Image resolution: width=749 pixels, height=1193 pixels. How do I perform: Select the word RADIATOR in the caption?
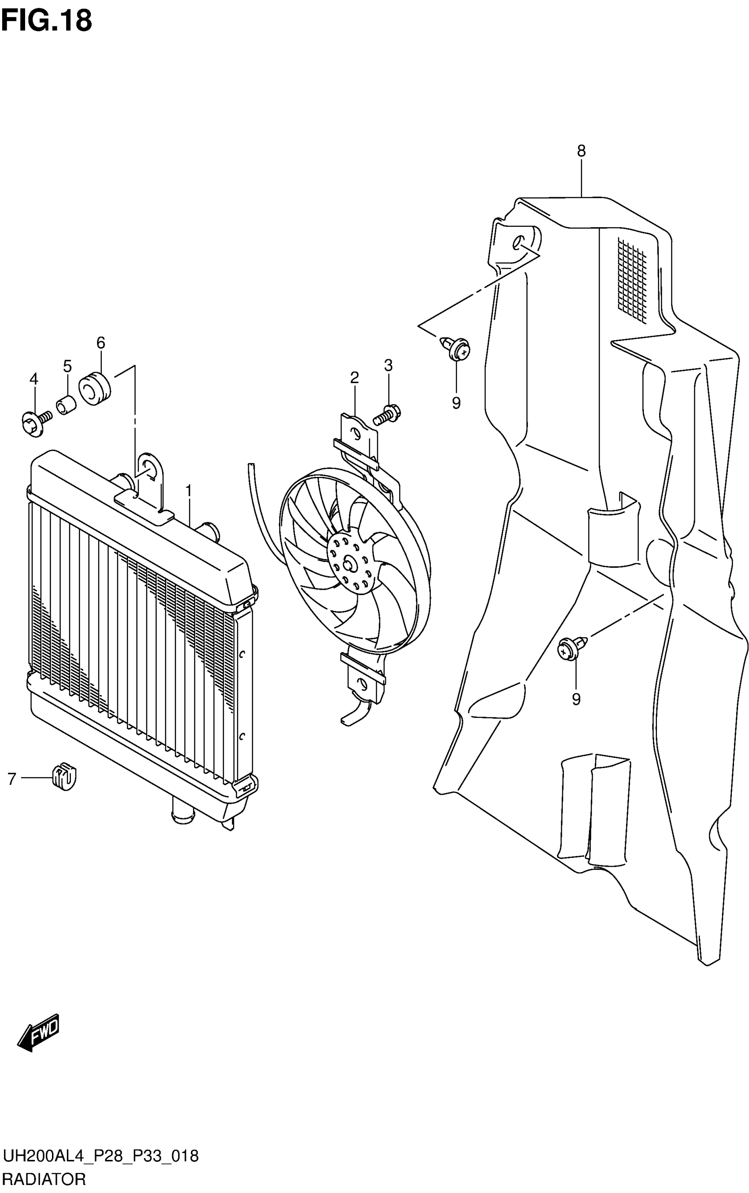pyautogui.click(x=44, y=1180)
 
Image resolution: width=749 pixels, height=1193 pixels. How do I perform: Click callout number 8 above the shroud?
pyautogui.click(x=581, y=151)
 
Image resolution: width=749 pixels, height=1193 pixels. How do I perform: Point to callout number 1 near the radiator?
pyautogui.click(x=188, y=491)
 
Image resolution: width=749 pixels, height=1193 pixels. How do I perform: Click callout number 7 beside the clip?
pyautogui.click(x=12, y=779)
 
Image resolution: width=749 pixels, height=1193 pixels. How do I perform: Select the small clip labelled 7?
pyautogui.click(x=64, y=779)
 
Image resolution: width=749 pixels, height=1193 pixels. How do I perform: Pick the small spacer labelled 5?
pyautogui.click(x=67, y=405)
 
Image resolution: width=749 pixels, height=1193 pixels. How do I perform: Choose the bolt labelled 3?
pyautogui.click(x=387, y=415)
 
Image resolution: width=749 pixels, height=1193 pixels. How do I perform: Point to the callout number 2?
pyautogui.click(x=354, y=378)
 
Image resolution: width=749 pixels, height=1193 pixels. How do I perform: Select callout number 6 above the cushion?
pyautogui.click(x=100, y=343)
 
